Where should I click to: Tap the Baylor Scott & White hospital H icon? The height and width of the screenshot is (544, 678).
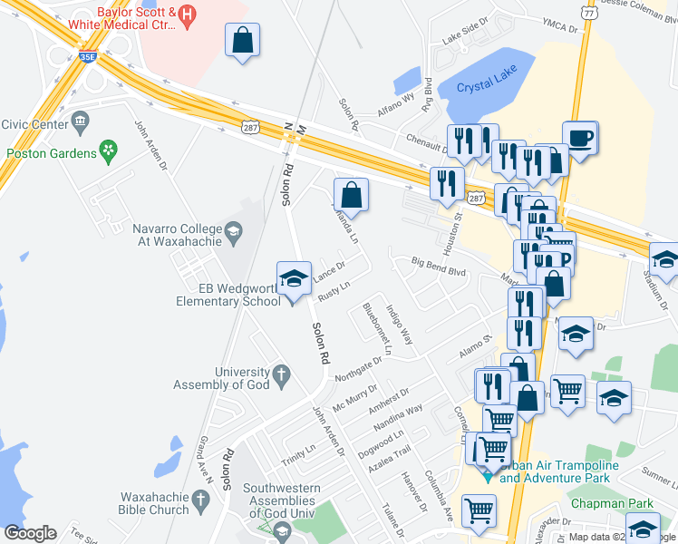188,14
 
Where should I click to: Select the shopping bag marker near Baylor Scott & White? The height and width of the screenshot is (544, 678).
243,41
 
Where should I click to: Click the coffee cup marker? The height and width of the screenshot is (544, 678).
580,139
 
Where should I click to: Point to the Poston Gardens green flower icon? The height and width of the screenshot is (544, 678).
110,148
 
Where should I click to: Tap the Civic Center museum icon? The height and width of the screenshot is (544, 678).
80,120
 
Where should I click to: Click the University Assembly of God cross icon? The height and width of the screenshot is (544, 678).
281,373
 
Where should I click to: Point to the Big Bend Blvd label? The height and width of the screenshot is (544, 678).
438,270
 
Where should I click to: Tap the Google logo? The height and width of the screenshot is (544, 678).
30,533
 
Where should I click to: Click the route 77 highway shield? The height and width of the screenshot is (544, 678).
589,14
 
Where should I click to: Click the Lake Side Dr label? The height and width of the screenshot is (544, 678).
465,38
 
